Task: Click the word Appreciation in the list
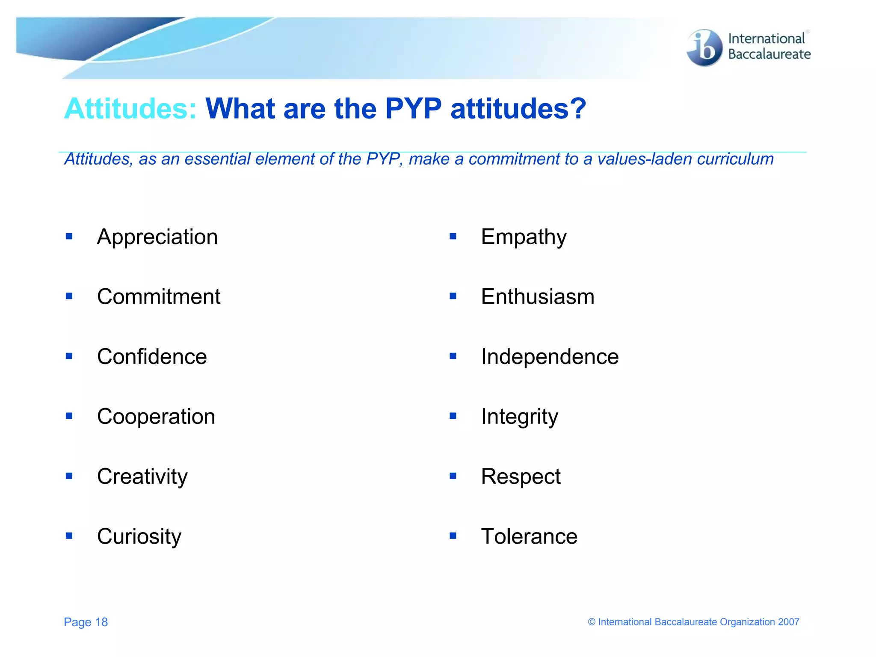click(157, 237)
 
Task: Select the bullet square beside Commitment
click(69, 296)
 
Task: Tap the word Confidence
click(152, 357)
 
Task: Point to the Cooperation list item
click(156, 417)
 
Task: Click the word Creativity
click(142, 476)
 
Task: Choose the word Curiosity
click(139, 536)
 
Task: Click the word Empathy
click(524, 237)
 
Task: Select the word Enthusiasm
click(538, 297)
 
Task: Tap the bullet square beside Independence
click(453, 356)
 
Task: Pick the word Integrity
click(519, 417)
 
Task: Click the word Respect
click(521, 476)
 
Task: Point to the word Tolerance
click(529, 536)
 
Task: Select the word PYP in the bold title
click(413, 109)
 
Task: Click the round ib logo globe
click(704, 48)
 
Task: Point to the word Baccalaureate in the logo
click(769, 54)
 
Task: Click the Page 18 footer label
click(86, 622)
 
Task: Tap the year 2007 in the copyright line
click(788, 622)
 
